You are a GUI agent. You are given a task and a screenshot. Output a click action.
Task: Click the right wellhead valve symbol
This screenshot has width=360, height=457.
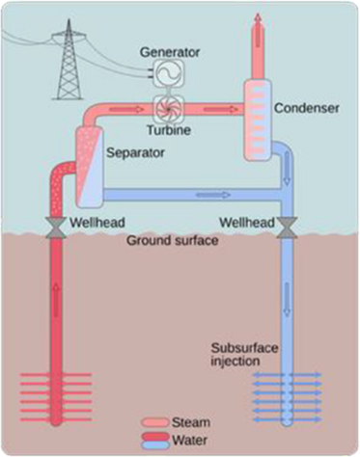[286, 227]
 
